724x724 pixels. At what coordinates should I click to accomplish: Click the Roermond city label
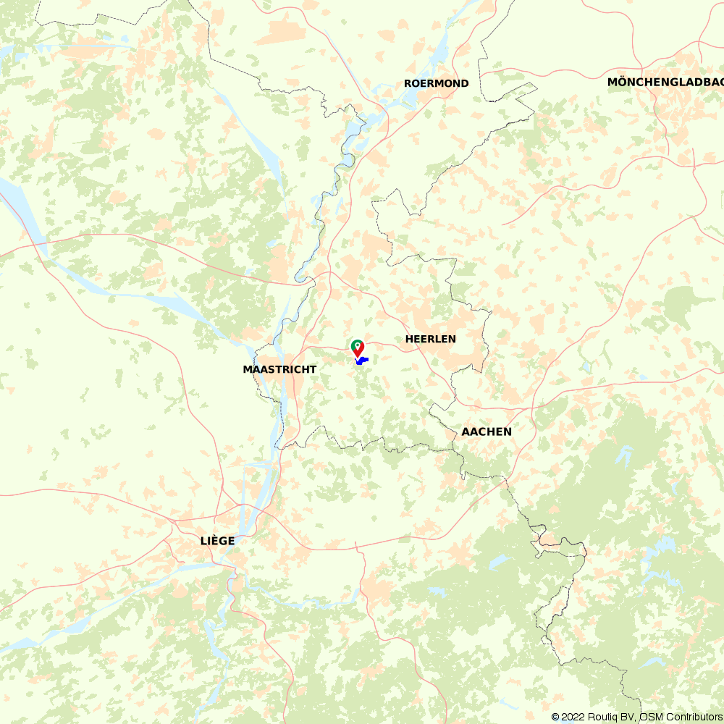(x=436, y=83)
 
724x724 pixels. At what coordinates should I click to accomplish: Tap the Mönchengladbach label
(x=665, y=82)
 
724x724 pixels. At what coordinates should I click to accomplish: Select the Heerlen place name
(x=430, y=339)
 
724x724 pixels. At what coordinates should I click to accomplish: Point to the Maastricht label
(x=279, y=369)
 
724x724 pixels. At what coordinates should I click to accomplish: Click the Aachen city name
(x=487, y=432)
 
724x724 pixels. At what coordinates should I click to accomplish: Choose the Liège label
(x=217, y=540)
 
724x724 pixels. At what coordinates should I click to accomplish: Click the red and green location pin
(x=358, y=348)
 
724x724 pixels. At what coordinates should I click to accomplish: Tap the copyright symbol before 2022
(x=555, y=717)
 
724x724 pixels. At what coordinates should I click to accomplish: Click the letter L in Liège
(x=203, y=540)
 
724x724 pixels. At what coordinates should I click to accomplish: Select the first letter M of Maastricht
(x=247, y=369)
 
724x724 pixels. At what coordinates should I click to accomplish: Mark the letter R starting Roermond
(x=408, y=83)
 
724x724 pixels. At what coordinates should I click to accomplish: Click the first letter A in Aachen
(x=466, y=432)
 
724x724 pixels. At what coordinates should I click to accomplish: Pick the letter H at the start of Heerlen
(x=409, y=339)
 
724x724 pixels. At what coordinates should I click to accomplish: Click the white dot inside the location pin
(x=357, y=345)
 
